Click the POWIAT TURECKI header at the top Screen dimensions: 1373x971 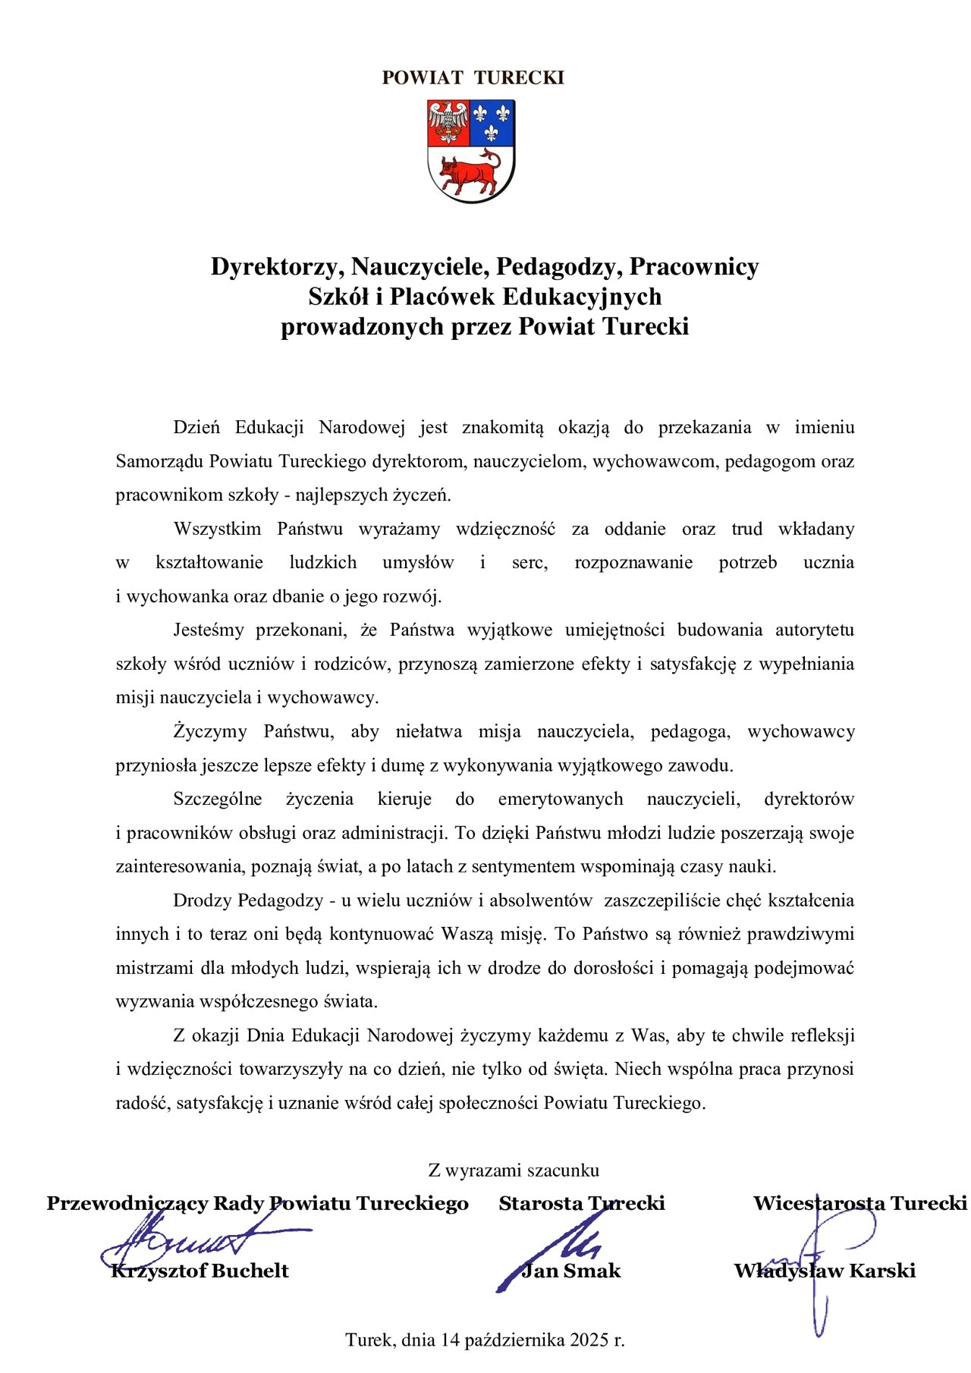point(473,78)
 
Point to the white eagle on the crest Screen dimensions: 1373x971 point(448,122)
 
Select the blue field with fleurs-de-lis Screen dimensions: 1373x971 point(492,122)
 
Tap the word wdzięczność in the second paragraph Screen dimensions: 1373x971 point(505,529)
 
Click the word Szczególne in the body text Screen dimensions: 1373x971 point(218,799)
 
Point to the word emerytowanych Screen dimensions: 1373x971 point(561,799)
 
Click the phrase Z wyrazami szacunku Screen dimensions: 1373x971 point(514,1170)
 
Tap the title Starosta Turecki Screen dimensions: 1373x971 point(582,1204)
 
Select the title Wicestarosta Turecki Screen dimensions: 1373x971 point(859,1204)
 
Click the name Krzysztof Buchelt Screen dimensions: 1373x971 point(200,1271)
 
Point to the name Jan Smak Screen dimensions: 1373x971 point(570,1271)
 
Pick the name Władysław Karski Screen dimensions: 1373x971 point(825,1271)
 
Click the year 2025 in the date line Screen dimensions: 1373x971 point(589,1340)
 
